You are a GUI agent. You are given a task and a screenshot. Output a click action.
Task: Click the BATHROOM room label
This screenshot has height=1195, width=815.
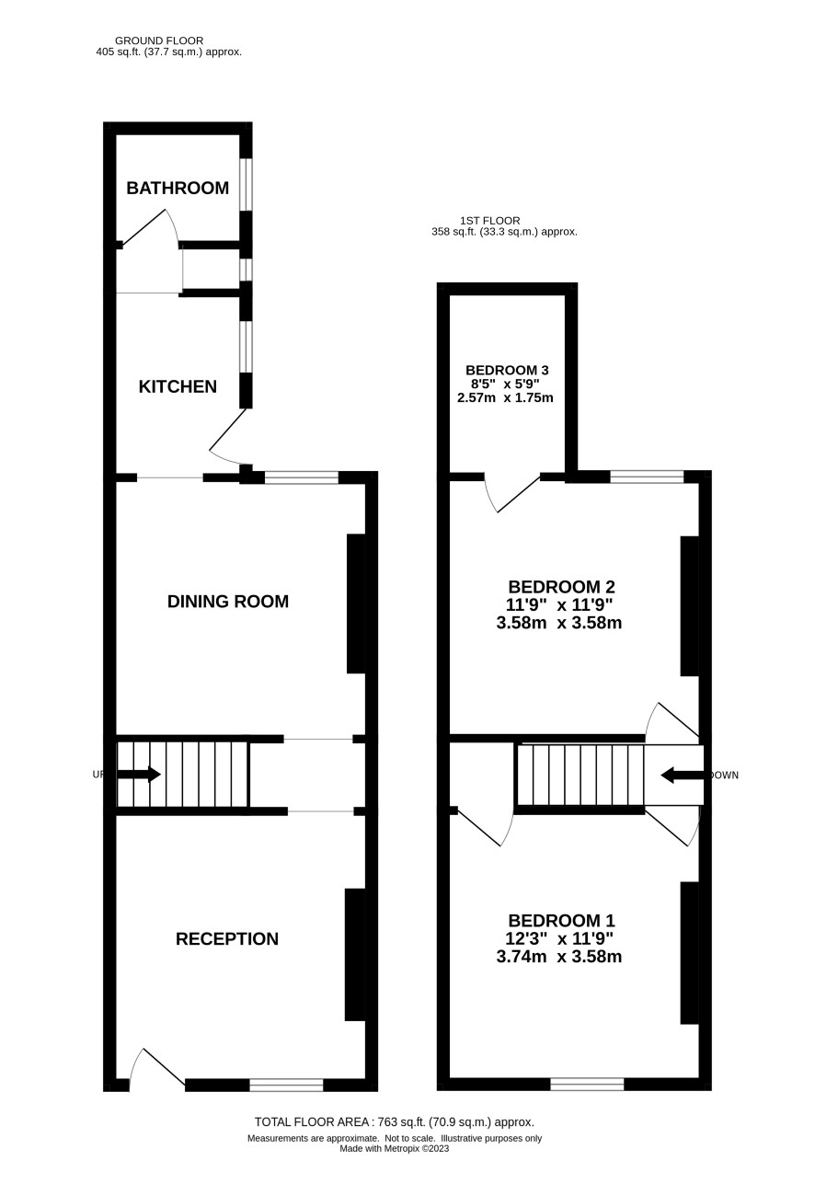point(178,188)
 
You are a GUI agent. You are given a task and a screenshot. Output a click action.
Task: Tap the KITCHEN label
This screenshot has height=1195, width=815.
point(178,386)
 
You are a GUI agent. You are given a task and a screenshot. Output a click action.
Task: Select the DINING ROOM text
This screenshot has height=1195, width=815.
point(228,602)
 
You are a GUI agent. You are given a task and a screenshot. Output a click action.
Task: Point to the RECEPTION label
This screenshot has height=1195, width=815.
point(227,938)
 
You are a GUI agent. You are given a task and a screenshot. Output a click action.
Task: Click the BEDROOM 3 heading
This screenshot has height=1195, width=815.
point(507,370)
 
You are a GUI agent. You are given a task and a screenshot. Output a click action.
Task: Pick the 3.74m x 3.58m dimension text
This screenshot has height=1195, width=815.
point(559,957)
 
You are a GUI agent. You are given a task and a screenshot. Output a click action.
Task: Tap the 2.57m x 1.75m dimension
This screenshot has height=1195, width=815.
point(505,397)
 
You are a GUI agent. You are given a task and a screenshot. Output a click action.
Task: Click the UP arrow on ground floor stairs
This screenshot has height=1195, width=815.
point(138,774)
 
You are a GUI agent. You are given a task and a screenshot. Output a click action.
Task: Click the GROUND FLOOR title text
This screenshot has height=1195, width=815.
point(159,40)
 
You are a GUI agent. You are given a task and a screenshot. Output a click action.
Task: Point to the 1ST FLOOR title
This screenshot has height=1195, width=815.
point(489,221)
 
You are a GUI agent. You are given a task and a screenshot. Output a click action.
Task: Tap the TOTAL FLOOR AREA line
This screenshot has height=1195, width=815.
point(395,1121)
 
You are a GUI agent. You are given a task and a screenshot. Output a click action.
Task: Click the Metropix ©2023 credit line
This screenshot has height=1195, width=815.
point(395,1149)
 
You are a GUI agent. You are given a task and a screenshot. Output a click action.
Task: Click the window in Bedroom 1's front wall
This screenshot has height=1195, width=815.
point(587,1084)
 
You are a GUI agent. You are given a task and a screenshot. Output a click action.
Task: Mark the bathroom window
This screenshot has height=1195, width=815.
point(246,185)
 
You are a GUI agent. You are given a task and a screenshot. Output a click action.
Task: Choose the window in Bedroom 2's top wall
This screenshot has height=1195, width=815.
point(647,477)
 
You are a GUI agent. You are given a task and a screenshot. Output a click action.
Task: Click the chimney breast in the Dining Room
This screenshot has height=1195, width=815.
point(356,603)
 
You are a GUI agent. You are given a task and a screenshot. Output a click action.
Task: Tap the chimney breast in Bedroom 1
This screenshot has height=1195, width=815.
point(689,953)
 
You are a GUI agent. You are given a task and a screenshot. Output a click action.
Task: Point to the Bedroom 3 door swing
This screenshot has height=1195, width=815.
point(512,493)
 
